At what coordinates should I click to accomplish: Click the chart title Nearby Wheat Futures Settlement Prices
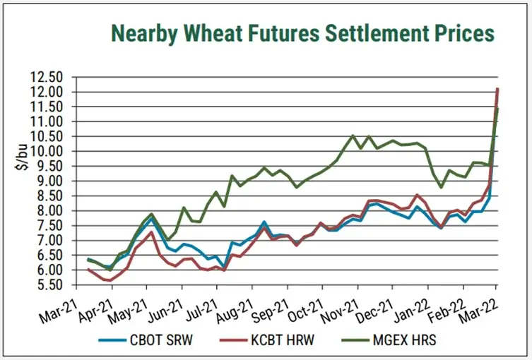(x=301, y=32)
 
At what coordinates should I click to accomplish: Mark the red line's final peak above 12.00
(x=497, y=88)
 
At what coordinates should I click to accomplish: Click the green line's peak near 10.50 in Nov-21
(x=353, y=136)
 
